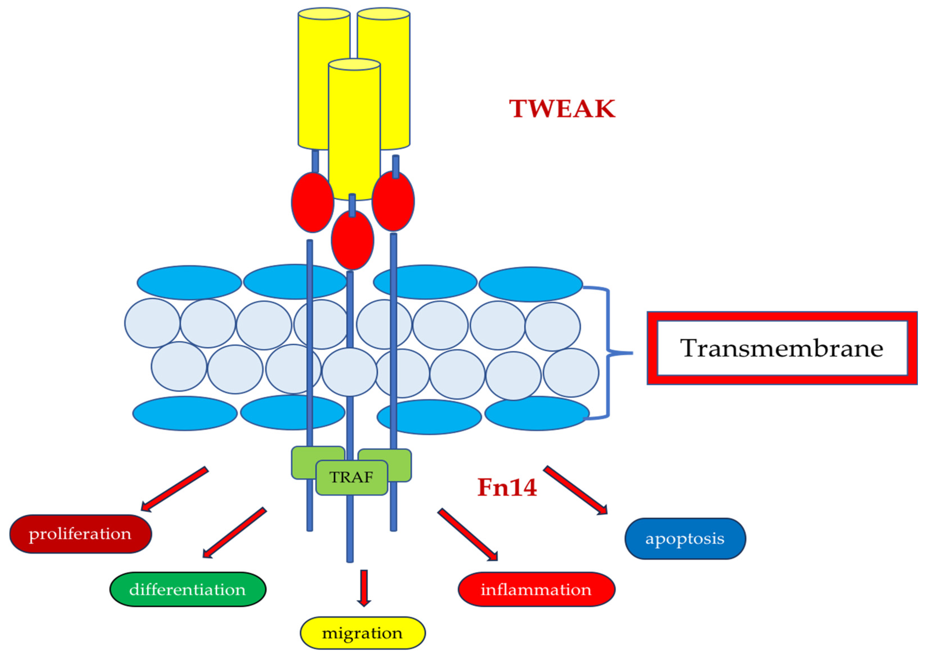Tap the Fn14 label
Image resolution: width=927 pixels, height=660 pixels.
click(x=507, y=487)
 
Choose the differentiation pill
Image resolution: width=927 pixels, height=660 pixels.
click(x=188, y=590)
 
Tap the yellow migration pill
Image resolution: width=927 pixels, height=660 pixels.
click(x=362, y=633)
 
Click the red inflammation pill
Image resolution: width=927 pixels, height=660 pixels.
click(x=536, y=590)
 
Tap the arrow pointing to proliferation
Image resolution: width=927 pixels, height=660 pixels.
click(x=175, y=489)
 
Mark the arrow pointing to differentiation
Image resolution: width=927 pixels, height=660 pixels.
click(x=235, y=532)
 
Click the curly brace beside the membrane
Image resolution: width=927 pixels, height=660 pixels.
click(x=608, y=353)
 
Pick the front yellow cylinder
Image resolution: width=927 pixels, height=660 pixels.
click(x=354, y=126)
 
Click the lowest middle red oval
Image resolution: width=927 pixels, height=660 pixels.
click(x=352, y=240)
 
